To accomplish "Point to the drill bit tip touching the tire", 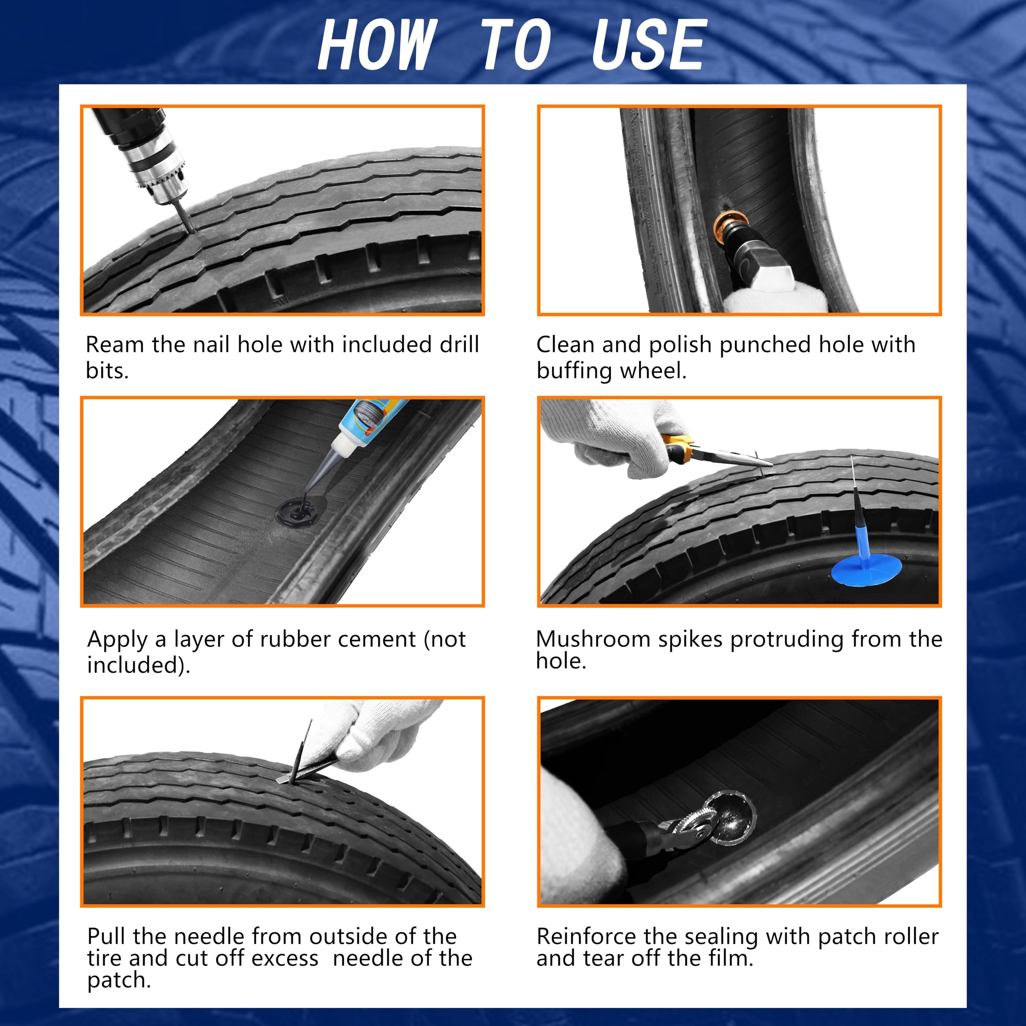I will click(190, 229).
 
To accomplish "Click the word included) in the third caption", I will click(139, 665).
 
